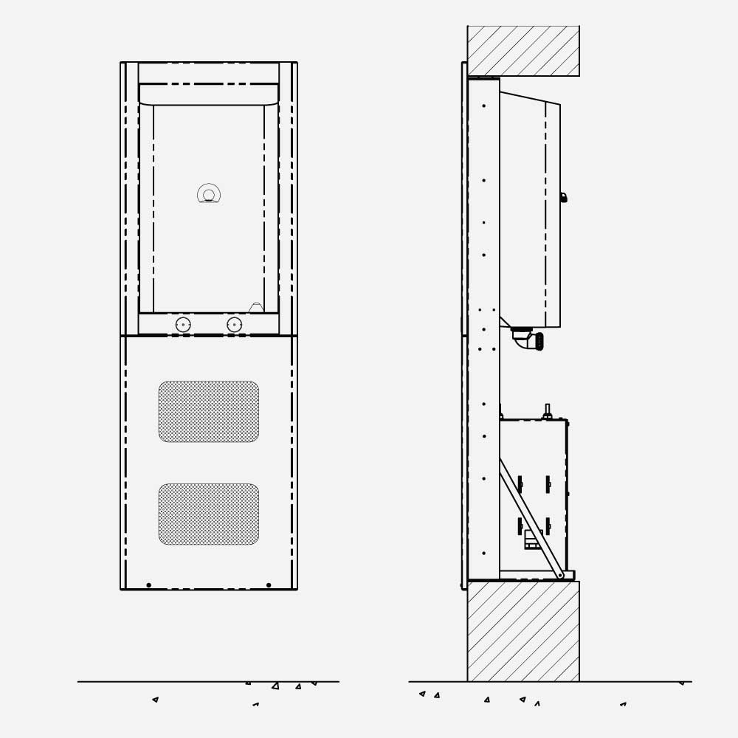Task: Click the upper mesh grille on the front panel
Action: [209, 412]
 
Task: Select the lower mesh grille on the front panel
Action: [209, 514]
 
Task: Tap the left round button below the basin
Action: [183, 325]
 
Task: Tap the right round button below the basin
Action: [235, 325]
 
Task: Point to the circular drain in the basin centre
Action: [209, 195]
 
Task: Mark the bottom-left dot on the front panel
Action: [148, 585]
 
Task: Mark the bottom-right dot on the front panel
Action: [269, 585]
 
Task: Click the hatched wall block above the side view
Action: [523, 51]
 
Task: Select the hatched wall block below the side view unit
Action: [523, 631]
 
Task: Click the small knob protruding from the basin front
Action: [563, 198]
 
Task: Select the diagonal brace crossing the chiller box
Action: [530, 517]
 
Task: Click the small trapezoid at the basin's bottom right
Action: [256, 308]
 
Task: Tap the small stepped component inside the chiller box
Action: [532, 540]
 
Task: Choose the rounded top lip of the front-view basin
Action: [209, 95]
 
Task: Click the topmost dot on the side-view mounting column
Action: [484, 106]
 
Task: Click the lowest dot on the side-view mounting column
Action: [484, 553]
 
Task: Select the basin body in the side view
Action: [528, 210]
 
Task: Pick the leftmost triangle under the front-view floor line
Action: [155, 699]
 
